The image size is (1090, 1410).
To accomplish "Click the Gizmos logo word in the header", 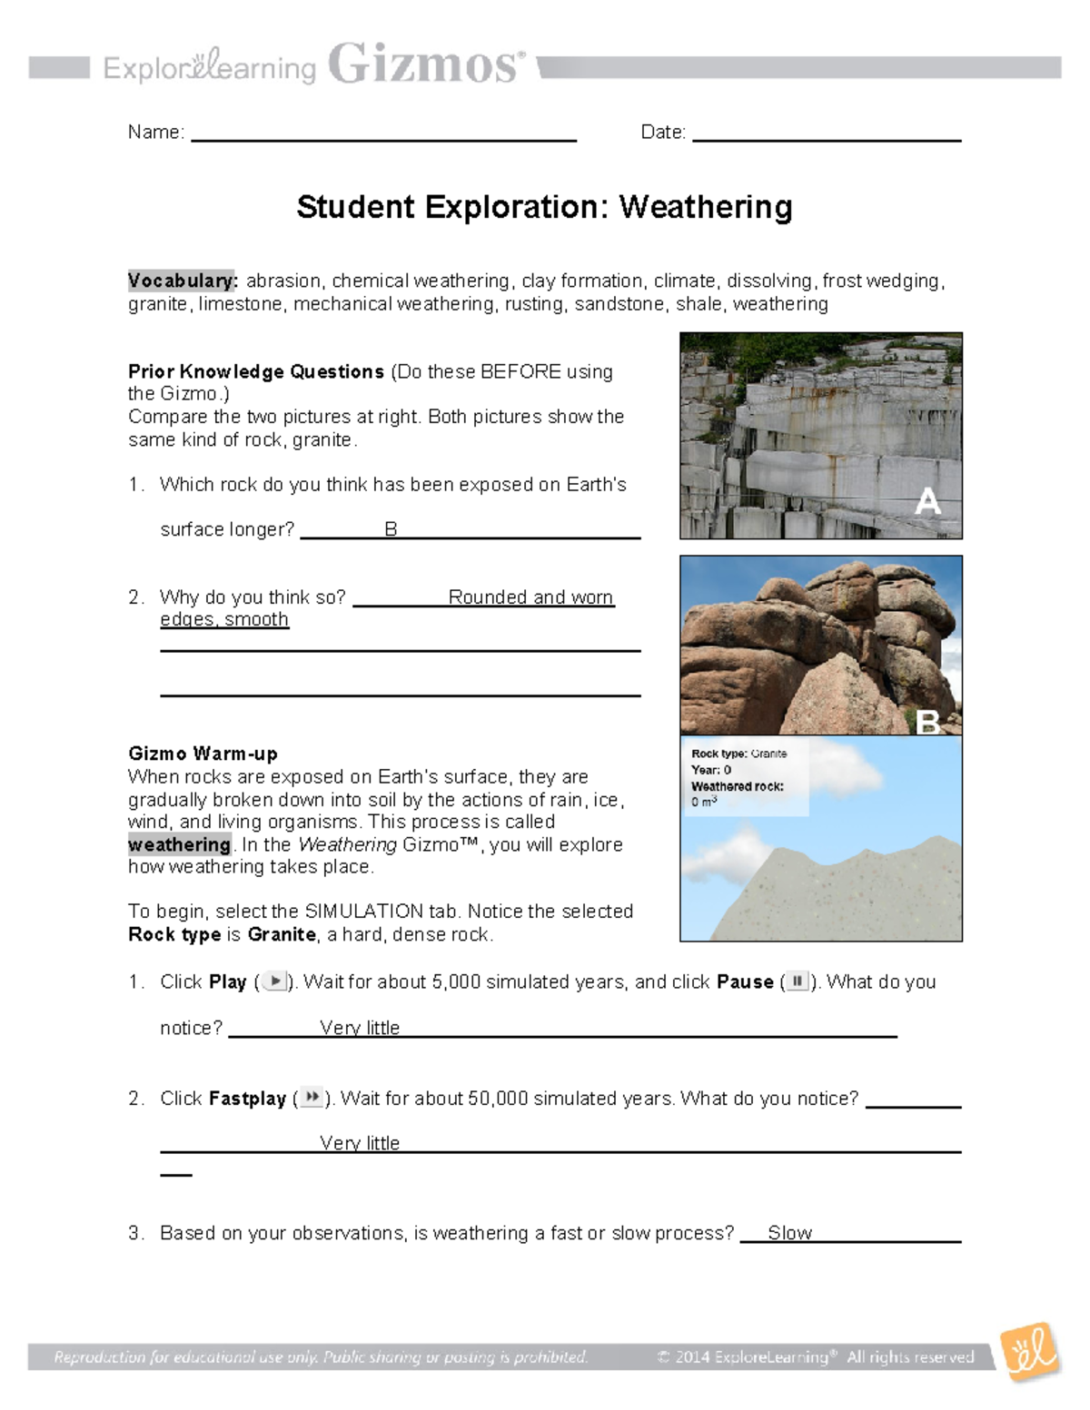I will (x=424, y=65).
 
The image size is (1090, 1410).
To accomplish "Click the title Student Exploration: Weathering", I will (x=544, y=207).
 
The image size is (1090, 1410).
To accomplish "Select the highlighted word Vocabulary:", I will (x=182, y=281).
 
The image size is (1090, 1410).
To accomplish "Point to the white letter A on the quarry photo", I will (x=927, y=501).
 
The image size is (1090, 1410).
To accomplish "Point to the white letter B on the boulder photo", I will (x=927, y=722).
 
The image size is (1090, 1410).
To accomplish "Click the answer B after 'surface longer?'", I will (x=391, y=529).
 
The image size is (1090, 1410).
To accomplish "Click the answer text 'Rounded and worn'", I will (x=530, y=597).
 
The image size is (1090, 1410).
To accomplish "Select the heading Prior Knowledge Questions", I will (x=256, y=371).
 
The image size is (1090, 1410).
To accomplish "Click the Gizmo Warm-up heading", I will (x=203, y=754).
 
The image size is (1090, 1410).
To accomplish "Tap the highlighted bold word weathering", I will (x=180, y=844).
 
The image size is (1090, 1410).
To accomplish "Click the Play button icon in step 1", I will (x=274, y=981).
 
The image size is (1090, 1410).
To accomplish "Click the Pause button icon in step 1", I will (x=797, y=981).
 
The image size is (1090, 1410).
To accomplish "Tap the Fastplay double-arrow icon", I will (x=311, y=1098).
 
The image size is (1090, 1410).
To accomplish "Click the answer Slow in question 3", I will (x=789, y=1233).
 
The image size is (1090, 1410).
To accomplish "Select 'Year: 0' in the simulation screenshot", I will (x=711, y=770).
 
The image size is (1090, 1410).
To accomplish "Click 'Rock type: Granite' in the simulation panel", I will (x=738, y=754).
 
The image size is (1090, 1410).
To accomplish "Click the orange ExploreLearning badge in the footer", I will (x=1030, y=1353).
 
